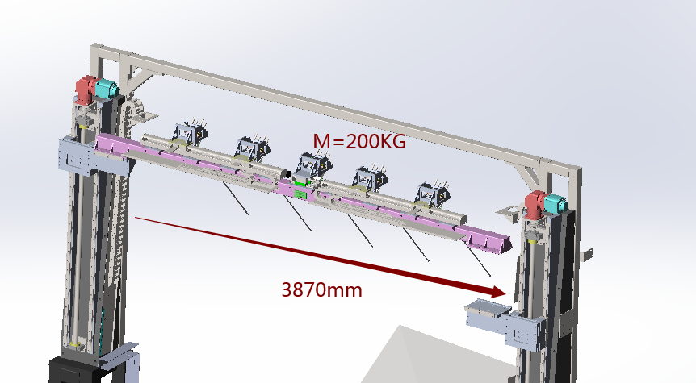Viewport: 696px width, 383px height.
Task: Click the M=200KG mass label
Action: (x=359, y=141)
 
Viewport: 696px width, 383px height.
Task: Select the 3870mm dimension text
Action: (x=322, y=290)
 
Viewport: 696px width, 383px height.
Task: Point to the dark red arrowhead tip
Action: (x=505, y=293)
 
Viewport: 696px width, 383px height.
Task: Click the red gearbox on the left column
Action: (x=86, y=90)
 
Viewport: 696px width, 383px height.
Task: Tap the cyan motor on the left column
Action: (x=107, y=88)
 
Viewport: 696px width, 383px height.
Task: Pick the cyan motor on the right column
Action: (x=556, y=203)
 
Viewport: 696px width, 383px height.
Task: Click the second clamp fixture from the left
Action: (x=253, y=148)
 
